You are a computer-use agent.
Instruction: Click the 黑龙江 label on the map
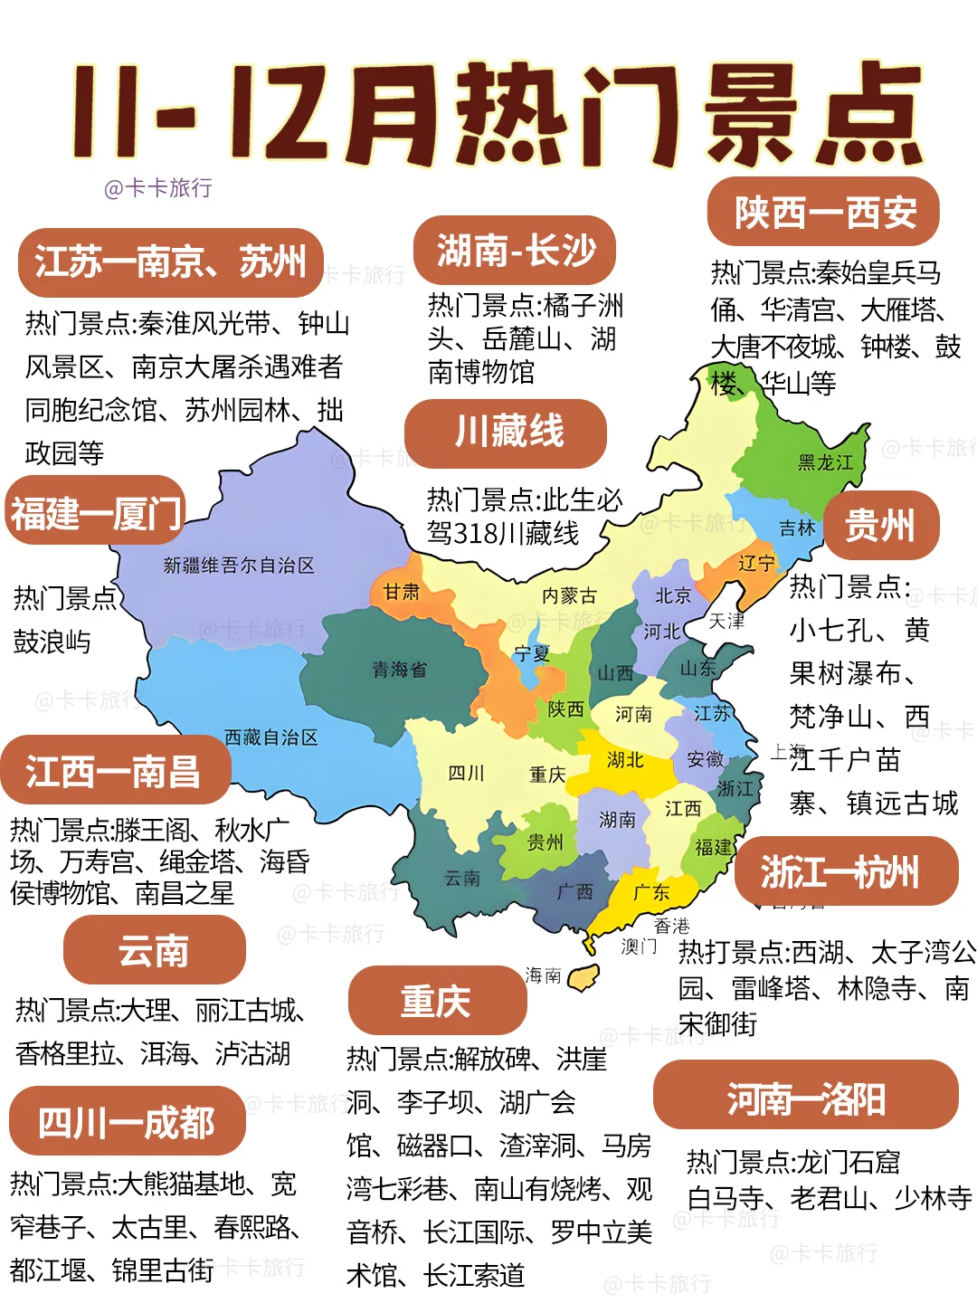825,462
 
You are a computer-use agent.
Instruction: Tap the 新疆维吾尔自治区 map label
239,566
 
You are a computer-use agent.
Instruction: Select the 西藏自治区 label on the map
270,737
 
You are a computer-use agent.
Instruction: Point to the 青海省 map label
399,670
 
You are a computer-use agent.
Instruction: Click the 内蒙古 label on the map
569,595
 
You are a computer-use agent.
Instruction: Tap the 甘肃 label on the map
401,592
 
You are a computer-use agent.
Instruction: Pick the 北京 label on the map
672,595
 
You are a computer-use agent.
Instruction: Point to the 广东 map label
650,893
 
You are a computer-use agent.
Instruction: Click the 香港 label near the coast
671,926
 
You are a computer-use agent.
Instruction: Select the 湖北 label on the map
625,759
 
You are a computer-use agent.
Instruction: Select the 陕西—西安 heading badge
823,214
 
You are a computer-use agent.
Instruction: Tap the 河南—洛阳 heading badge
805,1099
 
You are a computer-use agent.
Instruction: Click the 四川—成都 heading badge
127,1123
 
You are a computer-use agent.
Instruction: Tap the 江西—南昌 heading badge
114,772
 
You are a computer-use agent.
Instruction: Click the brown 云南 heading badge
154,951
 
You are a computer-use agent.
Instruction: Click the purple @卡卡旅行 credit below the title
158,188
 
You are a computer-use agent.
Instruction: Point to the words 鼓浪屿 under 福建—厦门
52,642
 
